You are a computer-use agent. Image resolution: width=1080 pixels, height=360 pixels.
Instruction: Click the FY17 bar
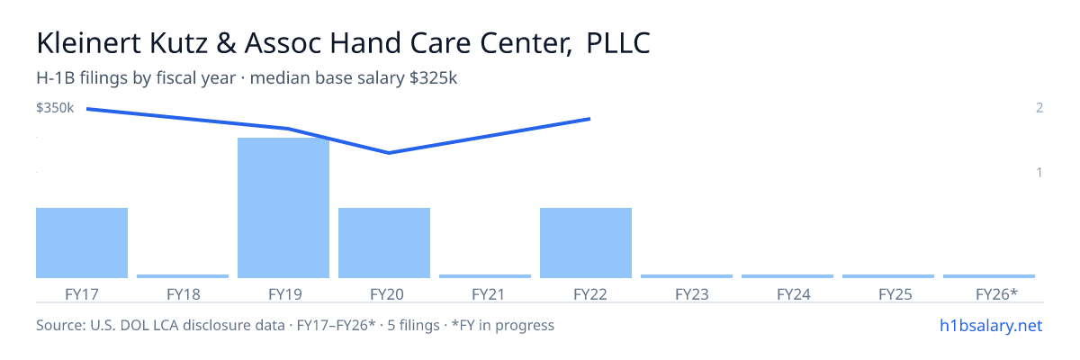click(x=82, y=243)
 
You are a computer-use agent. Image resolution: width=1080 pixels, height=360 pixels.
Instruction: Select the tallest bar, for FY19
click(x=283, y=208)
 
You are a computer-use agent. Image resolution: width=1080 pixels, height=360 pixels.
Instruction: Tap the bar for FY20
click(x=384, y=243)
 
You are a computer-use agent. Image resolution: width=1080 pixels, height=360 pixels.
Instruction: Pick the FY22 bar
click(x=586, y=243)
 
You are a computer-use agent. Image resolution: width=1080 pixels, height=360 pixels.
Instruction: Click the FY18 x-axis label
click(x=184, y=294)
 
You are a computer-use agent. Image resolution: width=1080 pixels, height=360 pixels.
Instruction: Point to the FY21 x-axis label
click(x=488, y=294)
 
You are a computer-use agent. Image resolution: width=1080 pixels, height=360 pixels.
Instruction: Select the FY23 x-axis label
click(x=692, y=294)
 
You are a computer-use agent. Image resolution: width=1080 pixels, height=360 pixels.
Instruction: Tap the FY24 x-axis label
click(x=794, y=294)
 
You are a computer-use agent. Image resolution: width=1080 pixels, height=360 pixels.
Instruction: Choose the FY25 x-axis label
click(x=895, y=294)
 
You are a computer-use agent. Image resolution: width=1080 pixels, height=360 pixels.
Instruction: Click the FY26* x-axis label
click(x=996, y=294)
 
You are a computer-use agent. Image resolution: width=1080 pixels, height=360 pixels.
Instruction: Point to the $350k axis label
click(x=55, y=108)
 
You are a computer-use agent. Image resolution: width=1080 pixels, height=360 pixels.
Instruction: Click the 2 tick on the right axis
click(x=1039, y=108)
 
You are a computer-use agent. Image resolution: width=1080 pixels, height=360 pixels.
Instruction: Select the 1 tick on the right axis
click(x=1039, y=173)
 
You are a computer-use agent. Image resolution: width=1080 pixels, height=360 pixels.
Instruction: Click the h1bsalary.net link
click(x=991, y=326)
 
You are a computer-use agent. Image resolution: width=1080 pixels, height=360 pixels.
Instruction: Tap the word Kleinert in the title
click(x=89, y=43)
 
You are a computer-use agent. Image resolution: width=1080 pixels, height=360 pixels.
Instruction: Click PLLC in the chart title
click(x=618, y=43)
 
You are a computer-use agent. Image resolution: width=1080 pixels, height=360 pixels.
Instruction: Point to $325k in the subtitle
click(x=433, y=78)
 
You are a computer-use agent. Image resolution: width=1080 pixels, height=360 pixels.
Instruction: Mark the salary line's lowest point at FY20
click(x=389, y=153)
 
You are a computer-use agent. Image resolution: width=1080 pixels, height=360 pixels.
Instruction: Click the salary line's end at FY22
click(x=589, y=119)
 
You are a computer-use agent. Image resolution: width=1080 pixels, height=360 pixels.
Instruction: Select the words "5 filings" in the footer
click(x=413, y=326)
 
